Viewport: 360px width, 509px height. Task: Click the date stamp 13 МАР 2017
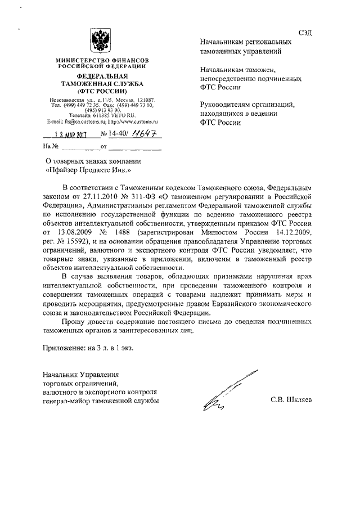click(73, 135)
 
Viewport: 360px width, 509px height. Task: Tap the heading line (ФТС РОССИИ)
click(102, 91)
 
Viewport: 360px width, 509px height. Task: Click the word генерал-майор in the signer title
click(66, 401)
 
